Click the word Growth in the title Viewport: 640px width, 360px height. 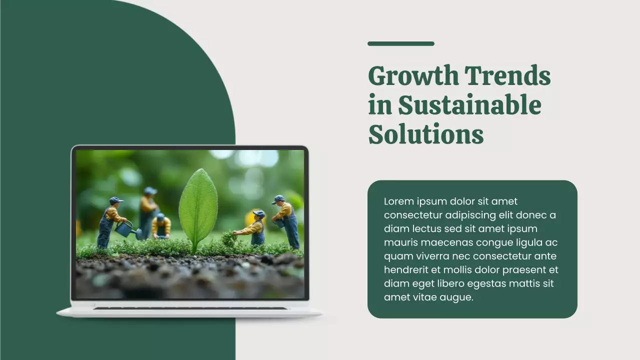(x=413, y=76)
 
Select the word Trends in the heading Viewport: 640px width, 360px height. (x=507, y=76)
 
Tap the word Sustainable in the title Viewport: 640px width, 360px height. (x=469, y=105)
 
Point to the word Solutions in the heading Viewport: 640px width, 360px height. (x=426, y=134)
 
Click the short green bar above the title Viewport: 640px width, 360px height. (x=401, y=43)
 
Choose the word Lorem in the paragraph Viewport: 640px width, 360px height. (x=399, y=201)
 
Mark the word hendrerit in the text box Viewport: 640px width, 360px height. (x=405, y=270)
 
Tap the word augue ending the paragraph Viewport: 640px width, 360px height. (x=456, y=297)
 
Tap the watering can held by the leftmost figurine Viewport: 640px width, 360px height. (x=125, y=229)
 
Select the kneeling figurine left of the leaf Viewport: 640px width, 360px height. (x=160, y=226)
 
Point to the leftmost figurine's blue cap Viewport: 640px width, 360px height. (x=116, y=200)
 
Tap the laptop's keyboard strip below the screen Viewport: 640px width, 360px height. (x=190, y=308)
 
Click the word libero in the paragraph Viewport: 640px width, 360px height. (x=449, y=283)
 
